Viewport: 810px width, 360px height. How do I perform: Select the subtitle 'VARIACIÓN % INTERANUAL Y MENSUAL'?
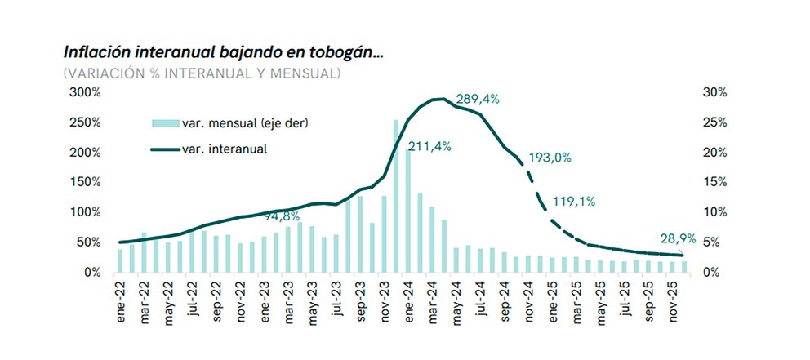pyautogui.click(x=202, y=73)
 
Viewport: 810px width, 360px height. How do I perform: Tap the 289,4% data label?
pyautogui.click(x=478, y=99)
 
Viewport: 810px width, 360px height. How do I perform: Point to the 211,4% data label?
pyautogui.click(x=429, y=147)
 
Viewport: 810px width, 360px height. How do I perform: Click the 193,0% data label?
pyautogui.click(x=550, y=158)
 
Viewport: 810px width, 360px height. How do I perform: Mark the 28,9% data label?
pyautogui.click(x=678, y=238)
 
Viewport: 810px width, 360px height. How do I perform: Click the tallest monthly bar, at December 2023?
pyautogui.click(x=396, y=196)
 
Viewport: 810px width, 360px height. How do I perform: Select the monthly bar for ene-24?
pyautogui.click(x=408, y=211)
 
